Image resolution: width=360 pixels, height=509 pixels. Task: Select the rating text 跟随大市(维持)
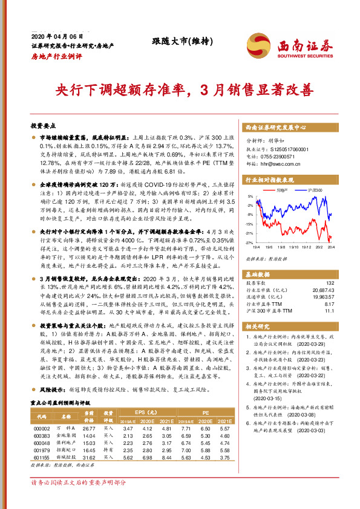tap(174, 41)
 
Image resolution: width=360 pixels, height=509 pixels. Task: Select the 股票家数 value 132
tap(330, 266)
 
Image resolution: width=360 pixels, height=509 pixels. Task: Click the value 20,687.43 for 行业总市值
tap(322, 273)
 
